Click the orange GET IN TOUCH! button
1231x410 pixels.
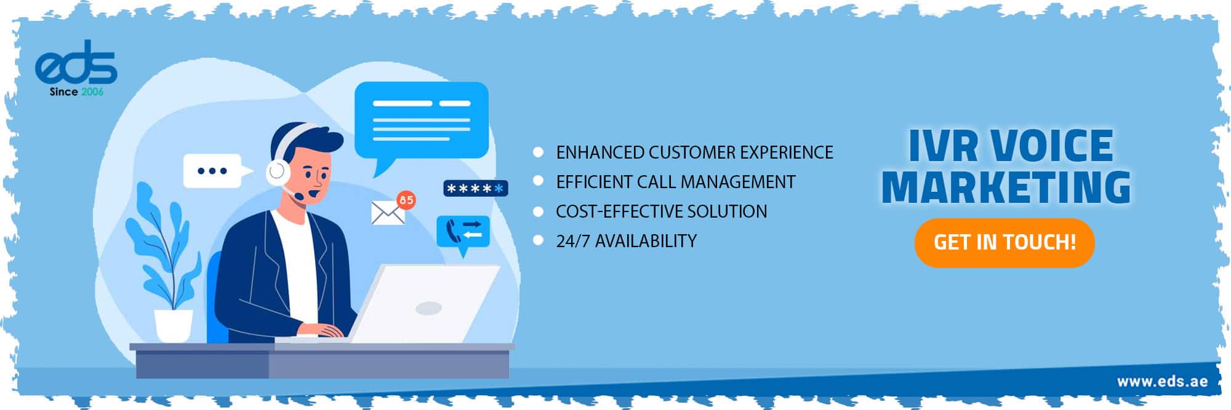point(1004,242)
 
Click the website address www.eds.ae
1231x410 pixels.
point(1161,382)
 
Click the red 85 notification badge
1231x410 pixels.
point(406,200)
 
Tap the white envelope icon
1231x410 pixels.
point(387,213)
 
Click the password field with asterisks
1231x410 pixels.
point(475,188)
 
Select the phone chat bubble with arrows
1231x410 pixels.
point(463,232)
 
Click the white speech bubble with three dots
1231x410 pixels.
point(212,171)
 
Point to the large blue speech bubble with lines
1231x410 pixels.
point(422,120)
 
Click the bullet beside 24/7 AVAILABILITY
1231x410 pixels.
point(539,240)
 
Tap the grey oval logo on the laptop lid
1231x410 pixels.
point(428,307)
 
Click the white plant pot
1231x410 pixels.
point(173,325)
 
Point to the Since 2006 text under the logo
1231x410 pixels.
point(76,92)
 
